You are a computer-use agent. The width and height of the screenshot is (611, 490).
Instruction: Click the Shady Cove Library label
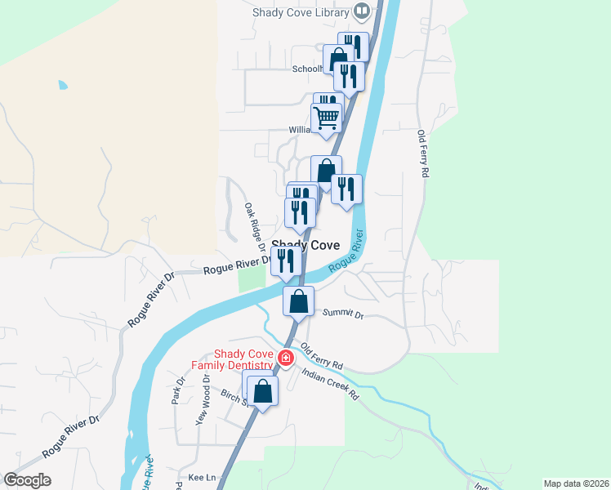coord(301,12)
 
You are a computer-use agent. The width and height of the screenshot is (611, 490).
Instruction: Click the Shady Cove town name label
coord(305,245)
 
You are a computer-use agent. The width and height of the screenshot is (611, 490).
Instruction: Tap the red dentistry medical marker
coord(286,358)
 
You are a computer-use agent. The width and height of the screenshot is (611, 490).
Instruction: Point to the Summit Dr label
coord(343,314)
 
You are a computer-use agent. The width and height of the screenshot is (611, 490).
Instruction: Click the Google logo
coord(27,480)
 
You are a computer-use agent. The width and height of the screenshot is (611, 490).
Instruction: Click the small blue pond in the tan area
coord(63,85)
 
